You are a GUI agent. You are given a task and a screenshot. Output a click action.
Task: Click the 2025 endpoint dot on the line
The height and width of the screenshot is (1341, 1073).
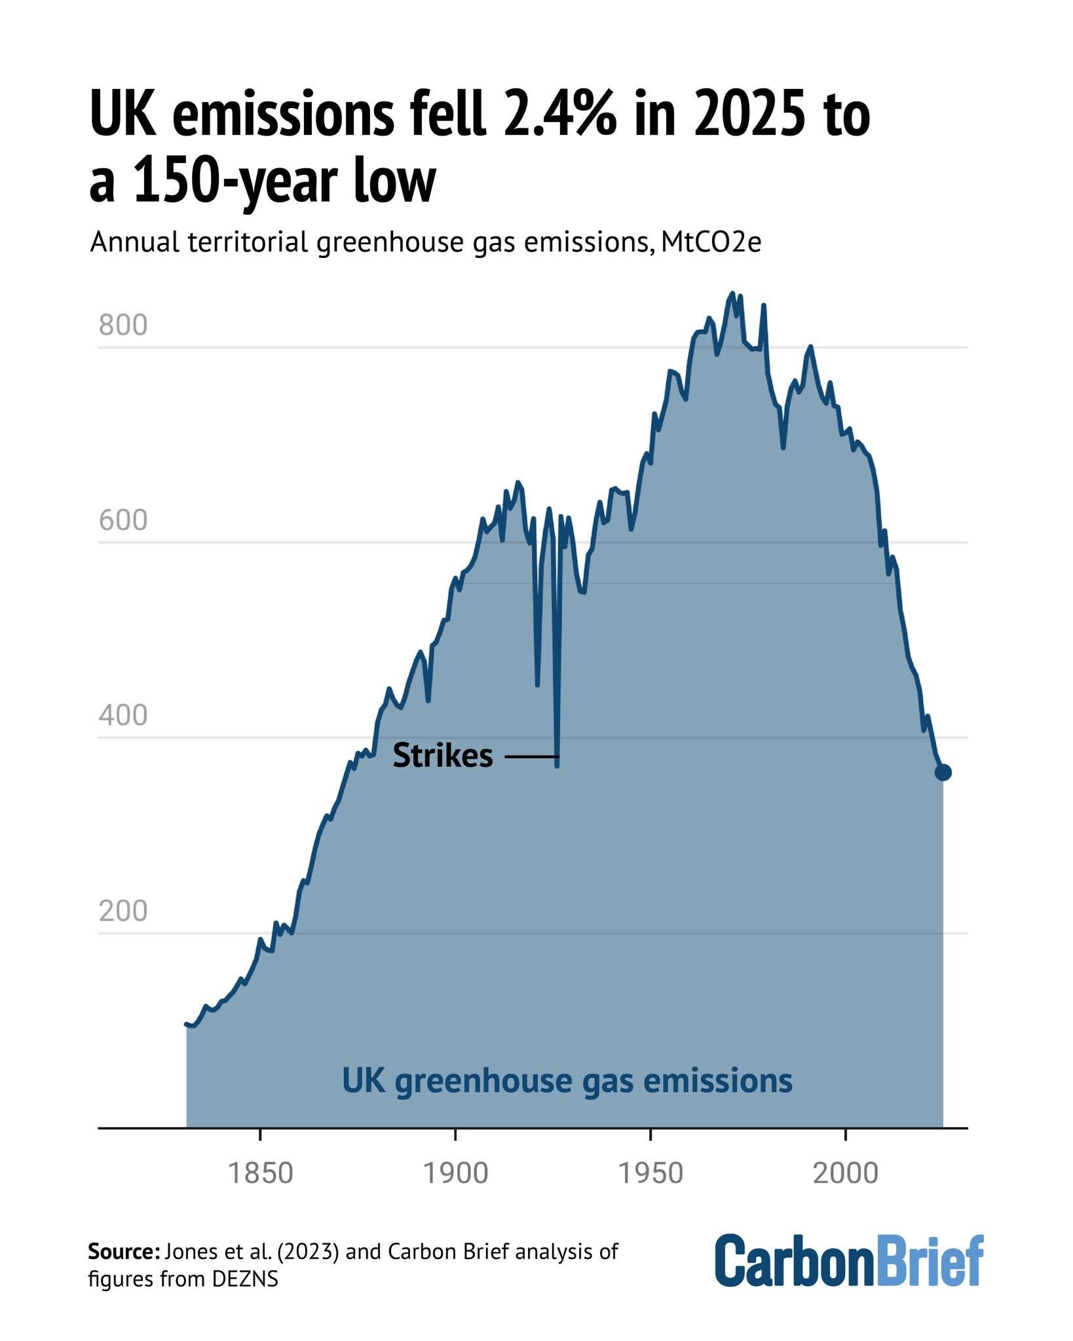[x=943, y=773]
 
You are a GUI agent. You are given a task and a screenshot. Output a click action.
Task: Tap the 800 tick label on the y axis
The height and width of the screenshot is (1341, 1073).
[x=123, y=325]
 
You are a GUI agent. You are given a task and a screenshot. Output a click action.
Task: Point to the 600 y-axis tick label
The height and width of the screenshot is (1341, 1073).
[x=123, y=521]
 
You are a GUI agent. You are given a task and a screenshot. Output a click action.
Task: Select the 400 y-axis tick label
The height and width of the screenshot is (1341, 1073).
[x=123, y=716]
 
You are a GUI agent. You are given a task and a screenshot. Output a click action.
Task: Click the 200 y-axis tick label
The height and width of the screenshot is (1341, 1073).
[x=123, y=911]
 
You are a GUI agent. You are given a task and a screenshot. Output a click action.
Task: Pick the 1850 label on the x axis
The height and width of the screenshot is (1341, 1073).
[x=260, y=1173]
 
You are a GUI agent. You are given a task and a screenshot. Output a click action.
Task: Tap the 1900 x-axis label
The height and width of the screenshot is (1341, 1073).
[x=455, y=1173]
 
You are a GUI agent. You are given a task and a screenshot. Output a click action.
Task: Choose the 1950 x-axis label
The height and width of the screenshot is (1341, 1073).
[x=650, y=1173]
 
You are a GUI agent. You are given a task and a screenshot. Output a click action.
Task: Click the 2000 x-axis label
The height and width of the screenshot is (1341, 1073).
[x=845, y=1173]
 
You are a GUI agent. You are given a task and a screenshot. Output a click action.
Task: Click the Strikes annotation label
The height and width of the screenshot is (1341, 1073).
[x=442, y=756]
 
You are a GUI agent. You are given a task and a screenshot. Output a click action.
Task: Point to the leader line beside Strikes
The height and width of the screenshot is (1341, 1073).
[x=531, y=758]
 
